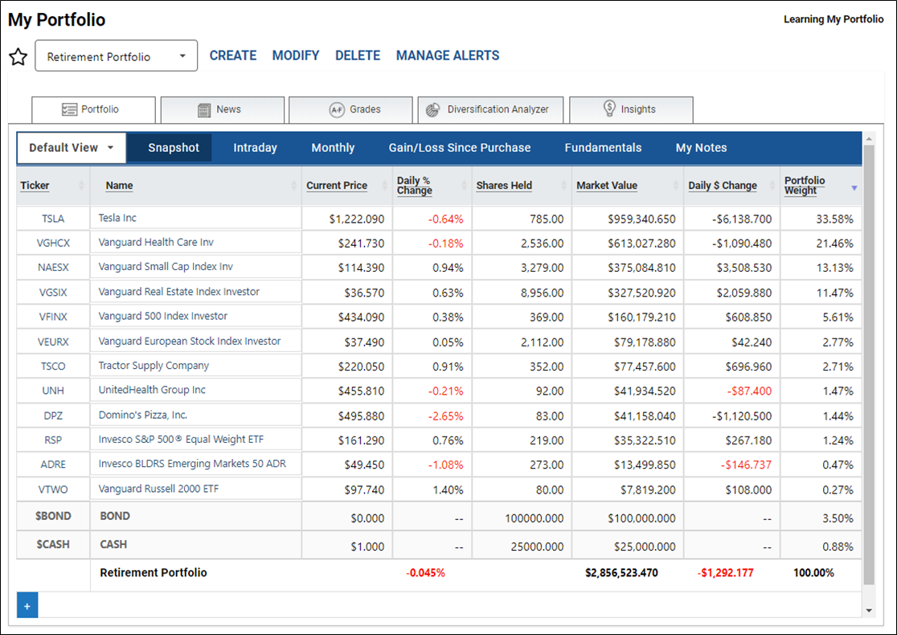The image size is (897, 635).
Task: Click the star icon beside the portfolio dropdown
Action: tap(18, 56)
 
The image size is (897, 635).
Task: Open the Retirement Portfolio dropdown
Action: tap(116, 55)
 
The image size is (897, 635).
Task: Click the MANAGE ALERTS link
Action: tap(448, 55)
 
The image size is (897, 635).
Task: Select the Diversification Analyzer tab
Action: tap(490, 109)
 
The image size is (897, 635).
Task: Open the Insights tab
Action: tap(631, 109)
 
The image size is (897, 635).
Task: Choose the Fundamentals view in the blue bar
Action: tap(603, 148)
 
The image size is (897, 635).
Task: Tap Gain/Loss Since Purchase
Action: tap(460, 148)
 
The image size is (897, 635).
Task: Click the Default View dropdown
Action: tap(72, 148)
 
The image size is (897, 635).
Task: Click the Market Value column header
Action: tap(606, 186)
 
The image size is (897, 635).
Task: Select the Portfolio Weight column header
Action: tap(805, 186)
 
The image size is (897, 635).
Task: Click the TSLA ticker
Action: tap(52, 219)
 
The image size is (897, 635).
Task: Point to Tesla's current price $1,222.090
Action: tap(356, 219)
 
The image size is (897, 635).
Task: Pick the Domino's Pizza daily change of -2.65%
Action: tap(445, 416)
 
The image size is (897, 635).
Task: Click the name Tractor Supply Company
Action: tap(154, 366)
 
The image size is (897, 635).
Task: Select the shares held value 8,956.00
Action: tap(542, 293)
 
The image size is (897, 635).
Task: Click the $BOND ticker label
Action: tap(53, 516)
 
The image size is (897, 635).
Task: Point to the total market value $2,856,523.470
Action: tap(621, 572)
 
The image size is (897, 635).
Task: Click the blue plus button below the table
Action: tap(27, 605)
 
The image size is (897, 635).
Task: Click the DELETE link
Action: tap(358, 55)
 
